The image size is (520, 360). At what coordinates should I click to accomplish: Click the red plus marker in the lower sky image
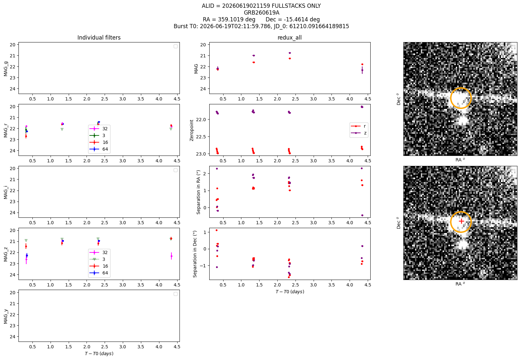coord(461,221)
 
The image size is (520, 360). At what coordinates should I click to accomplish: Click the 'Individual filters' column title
coord(99,38)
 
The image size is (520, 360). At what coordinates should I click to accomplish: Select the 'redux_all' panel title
coord(289,38)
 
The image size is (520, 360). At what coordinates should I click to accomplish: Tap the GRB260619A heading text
coord(261,13)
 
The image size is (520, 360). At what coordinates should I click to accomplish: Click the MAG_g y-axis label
coord(6,69)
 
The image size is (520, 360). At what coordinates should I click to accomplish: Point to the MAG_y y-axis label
coord(6,316)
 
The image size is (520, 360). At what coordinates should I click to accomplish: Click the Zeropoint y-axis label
coord(191,130)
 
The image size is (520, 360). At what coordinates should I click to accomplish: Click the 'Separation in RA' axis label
coord(198,192)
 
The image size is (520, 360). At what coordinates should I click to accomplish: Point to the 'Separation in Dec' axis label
coord(195,254)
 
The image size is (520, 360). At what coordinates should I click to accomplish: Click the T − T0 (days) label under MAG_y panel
coord(99,354)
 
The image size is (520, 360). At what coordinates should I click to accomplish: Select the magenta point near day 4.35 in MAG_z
coord(171,256)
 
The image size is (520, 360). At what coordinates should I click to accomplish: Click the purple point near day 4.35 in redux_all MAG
coord(362,70)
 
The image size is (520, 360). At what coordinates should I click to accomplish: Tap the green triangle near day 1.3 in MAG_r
coord(62,129)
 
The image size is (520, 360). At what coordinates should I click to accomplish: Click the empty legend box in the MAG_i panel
coord(176,170)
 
